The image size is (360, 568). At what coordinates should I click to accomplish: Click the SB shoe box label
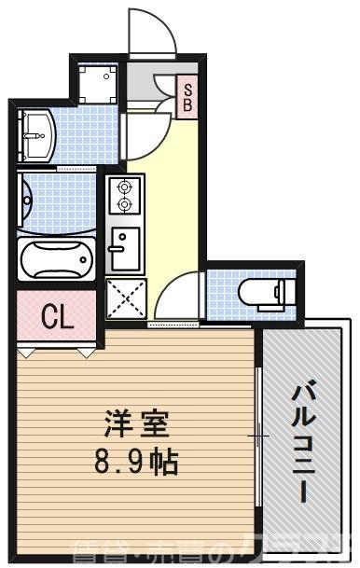point(187,96)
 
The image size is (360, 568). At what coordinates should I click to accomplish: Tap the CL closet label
point(58,317)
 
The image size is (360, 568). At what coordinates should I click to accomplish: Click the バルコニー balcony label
point(304,442)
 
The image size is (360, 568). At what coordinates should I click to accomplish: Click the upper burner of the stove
point(123,186)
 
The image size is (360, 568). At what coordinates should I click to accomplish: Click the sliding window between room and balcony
point(258,435)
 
